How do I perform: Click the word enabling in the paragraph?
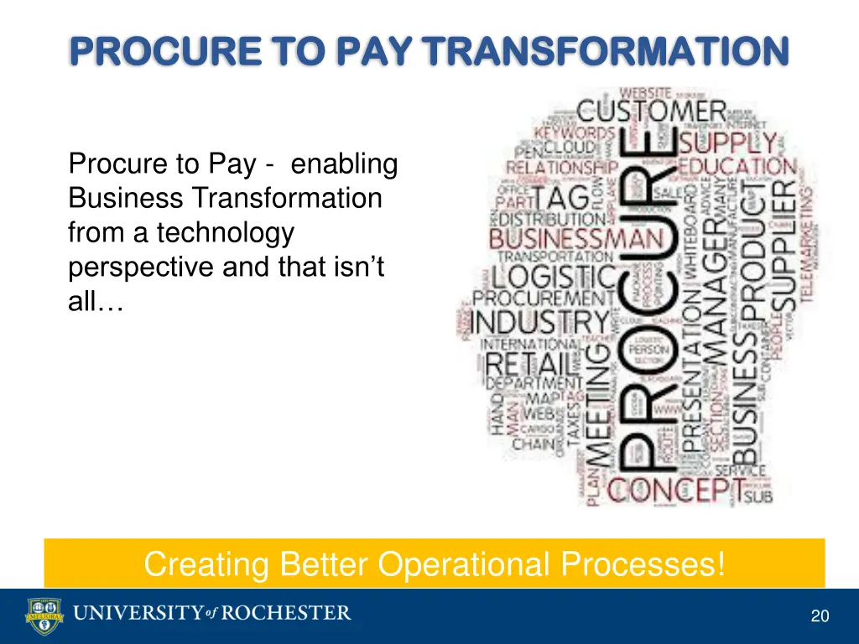point(345,164)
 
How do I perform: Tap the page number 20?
point(820,616)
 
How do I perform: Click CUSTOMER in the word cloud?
point(652,111)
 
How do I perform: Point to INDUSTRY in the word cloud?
point(542,322)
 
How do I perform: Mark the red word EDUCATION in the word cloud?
point(737,166)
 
